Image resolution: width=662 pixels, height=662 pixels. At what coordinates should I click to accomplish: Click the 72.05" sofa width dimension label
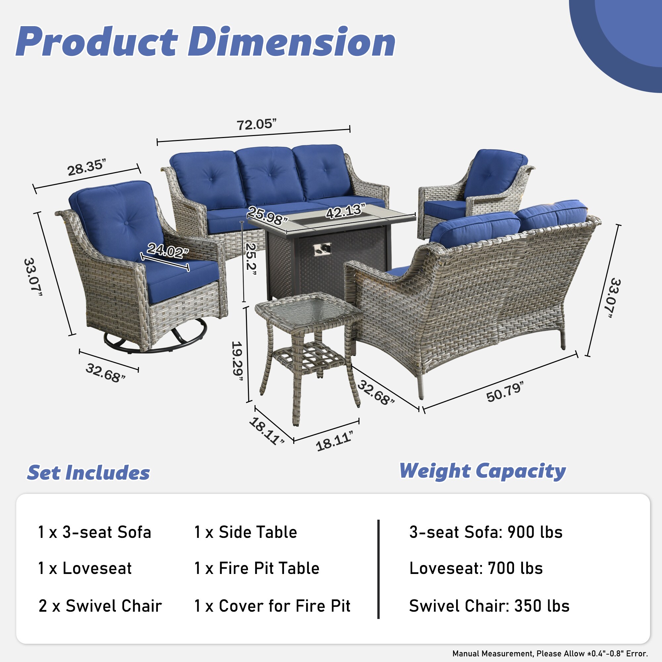[256, 124]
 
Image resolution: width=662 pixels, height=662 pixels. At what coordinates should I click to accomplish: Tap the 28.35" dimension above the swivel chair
[85, 167]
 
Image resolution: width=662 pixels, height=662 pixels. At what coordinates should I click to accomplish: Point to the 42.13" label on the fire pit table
[345, 211]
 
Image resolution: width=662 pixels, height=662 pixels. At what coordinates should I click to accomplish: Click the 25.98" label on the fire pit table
[267, 215]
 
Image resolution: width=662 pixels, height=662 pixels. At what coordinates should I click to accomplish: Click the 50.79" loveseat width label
[505, 392]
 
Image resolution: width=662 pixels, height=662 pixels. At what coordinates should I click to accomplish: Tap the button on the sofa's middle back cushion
[269, 175]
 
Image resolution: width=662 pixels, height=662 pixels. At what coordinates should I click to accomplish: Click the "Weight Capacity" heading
[483, 471]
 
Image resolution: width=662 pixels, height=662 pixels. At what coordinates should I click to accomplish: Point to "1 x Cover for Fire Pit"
[272, 606]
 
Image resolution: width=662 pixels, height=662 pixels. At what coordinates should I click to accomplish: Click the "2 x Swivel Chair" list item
[100, 606]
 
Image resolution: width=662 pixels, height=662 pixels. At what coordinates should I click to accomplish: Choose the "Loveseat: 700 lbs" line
[476, 568]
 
